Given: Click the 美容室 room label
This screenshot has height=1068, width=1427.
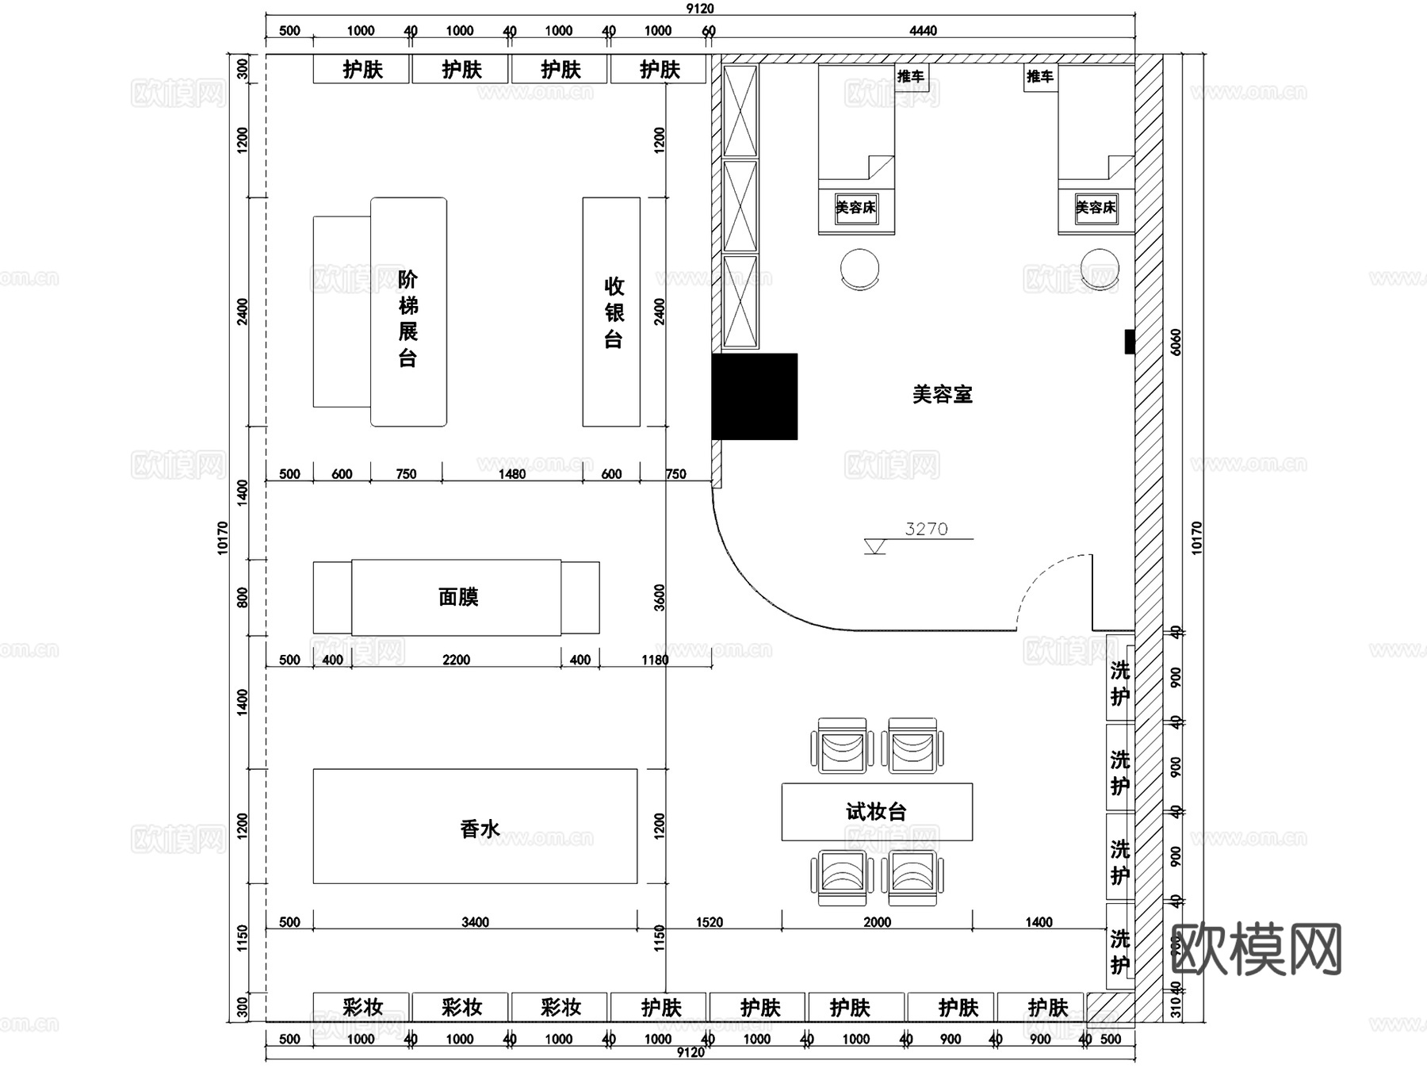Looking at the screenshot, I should click(x=942, y=394).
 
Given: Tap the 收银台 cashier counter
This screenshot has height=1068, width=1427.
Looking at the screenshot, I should click(x=612, y=312).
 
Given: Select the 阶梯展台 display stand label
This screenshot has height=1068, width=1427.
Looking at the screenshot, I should click(x=407, y=319).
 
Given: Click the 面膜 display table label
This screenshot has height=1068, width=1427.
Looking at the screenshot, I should click(x=457, y=597).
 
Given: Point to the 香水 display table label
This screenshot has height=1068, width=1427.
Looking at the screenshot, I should click(x=479, y=829).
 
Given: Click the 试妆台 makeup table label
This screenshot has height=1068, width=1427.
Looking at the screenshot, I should click(x=876, y=811).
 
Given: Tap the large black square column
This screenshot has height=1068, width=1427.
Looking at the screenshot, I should click(x=755, y=396).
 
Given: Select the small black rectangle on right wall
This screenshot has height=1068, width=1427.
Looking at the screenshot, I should click(x=1130, y=342).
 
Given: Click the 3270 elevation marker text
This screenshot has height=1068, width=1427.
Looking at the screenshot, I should click(x=926, y=529).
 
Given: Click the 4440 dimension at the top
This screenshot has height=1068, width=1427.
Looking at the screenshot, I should click(x=923, y=31).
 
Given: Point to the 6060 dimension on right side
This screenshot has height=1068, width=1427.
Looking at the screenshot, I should click(x=1176, y=342).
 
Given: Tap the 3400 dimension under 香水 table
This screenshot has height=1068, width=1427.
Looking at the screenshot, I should click(x=475, y=922).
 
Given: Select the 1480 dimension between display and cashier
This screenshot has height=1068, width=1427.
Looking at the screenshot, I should click(x=511, y=474).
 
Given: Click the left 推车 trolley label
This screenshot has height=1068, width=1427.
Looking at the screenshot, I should click(x=911, y=77).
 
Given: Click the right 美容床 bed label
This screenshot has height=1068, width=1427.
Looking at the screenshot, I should click(x=1096, y=208).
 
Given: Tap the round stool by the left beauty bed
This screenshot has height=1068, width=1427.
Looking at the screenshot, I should click(x=859, y=269).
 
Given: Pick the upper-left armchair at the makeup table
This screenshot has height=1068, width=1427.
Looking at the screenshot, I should click(x=842, y=746).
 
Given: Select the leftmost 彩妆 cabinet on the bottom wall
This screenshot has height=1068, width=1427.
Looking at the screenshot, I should click(x=362, y=1007).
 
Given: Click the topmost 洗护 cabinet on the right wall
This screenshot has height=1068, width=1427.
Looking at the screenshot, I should click(x=1119, y=681).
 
